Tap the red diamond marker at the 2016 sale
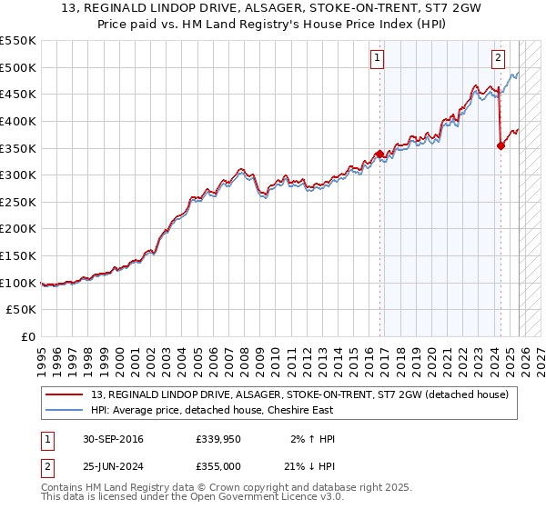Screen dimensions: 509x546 380,154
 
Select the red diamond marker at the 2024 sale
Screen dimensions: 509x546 500,145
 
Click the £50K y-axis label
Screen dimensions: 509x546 22,310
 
